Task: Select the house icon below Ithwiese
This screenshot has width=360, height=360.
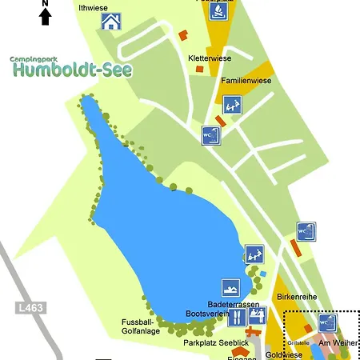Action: tap(111, 22)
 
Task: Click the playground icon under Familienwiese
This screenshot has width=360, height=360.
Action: tap(232, 104)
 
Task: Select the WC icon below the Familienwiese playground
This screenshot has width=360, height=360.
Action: tap(211, 134)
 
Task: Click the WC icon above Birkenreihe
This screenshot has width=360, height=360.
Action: tap(306, 232)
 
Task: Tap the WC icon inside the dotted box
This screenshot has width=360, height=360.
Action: tap(327, 322)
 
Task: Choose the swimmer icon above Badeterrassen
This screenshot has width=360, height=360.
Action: tap(230, 288)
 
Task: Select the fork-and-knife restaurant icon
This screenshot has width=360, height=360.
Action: tap(236, 317)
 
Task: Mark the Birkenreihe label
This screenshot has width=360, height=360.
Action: tap(297, 297)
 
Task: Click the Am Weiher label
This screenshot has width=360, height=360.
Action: tap(338, 342)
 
